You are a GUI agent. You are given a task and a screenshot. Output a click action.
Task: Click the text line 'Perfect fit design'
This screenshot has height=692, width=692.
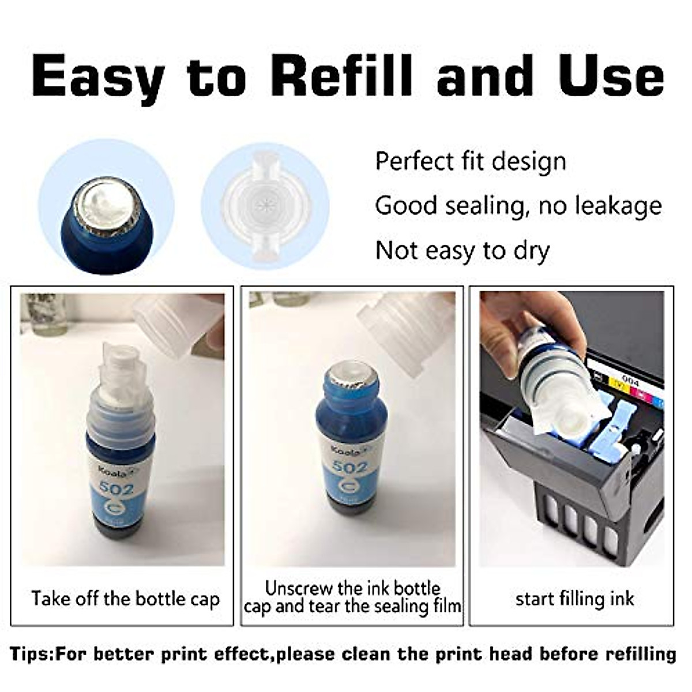[471, 161]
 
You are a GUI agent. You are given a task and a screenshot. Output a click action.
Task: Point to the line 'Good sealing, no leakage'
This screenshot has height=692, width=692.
[518, 205]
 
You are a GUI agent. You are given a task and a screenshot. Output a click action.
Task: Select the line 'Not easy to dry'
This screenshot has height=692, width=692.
[462, 251]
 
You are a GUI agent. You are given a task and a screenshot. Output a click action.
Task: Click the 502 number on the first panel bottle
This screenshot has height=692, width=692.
[116, 488]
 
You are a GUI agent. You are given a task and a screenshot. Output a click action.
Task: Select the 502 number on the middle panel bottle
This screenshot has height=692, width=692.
[350, 467]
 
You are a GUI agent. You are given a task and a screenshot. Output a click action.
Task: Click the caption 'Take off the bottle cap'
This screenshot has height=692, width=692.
[125, 599]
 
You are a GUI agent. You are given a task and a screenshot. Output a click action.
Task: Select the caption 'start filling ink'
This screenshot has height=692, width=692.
[574, 599]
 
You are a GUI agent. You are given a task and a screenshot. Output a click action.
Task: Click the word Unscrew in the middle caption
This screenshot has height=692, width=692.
[299, 588]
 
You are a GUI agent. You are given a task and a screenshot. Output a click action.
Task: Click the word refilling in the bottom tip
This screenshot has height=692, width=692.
[640, 654]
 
